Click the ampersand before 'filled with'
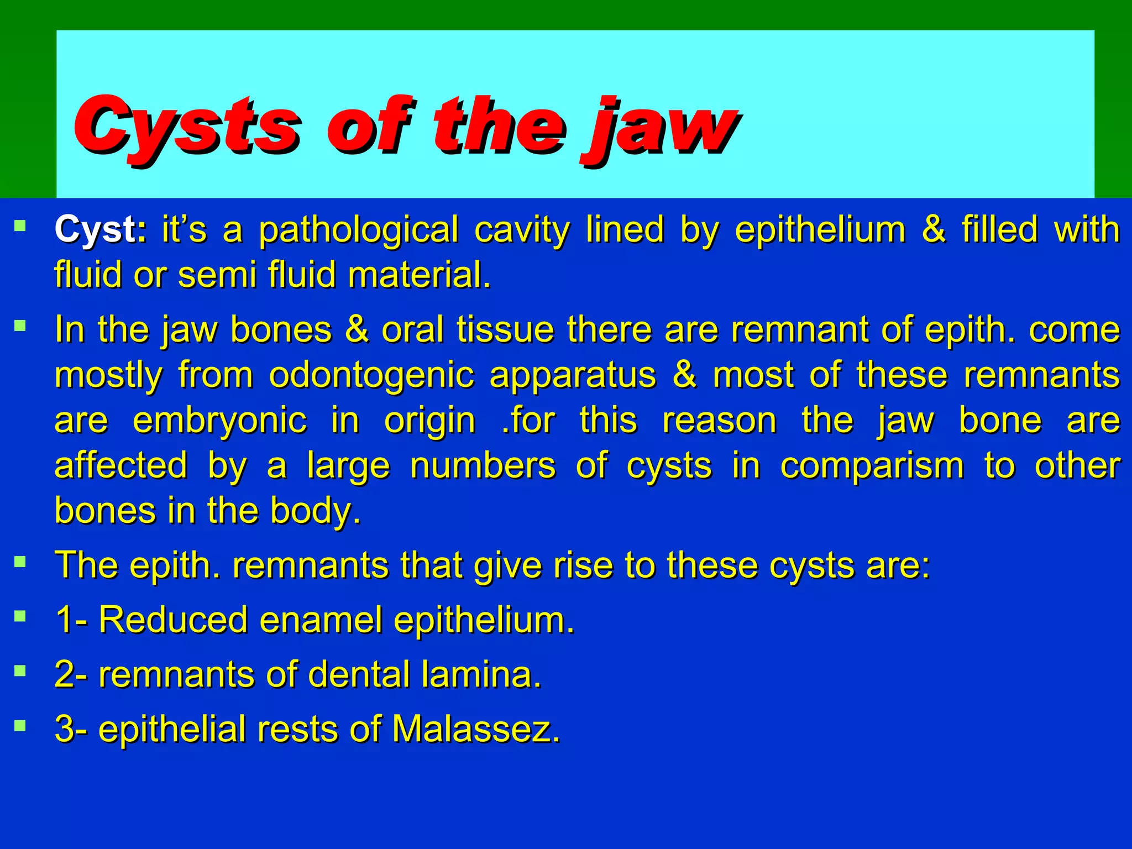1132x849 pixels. pos(934,229)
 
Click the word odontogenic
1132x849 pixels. pos(371,376)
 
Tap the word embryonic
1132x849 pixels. pos(219,421)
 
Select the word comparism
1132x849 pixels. pos(872,466)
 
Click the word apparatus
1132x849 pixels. pos(573,376)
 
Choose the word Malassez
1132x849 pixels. pos(476,729)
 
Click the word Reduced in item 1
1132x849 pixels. pos(173,620)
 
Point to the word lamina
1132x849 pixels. pos(481,675)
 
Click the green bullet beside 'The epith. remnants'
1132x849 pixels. pos(20,563)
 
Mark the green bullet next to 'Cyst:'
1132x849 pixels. pos(20,226)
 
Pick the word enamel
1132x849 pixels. pos(321,620)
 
